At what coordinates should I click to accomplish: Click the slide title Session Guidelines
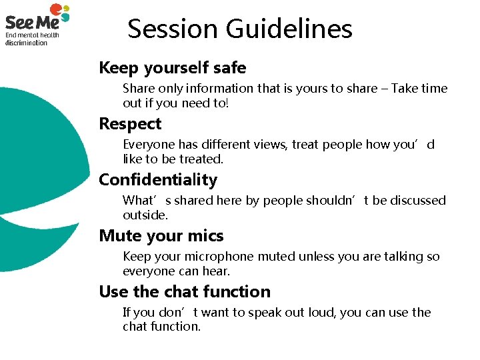point(240,29)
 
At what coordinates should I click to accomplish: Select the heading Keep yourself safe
point(172,68)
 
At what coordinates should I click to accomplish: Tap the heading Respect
point(130,124)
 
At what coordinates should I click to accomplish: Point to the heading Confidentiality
point(158,180)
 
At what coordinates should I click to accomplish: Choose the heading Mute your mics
point(161,236)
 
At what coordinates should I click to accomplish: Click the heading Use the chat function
point(185,292)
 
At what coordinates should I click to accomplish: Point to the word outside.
point(145,215)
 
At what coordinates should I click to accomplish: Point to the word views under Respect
point(271,145)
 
